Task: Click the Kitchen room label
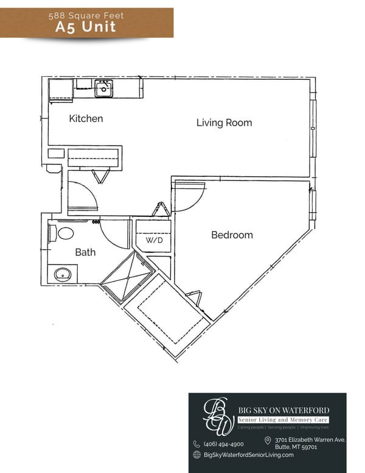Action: (x=86, y=119)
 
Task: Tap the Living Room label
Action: (x=224, y=123)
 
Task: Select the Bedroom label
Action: (x=232, y=235)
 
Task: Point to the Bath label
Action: (x=85, y=252)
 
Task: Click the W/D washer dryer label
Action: (x=153, y=240)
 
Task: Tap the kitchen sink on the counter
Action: (x=103, y=90)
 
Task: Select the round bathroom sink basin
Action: (x=62, y=274)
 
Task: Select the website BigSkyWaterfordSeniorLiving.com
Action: (x=248, y=455)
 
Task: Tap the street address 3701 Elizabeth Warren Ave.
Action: (x=310, y=439)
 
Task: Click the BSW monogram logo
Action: (x=217, y=415)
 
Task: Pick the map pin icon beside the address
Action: (x=268, y=441)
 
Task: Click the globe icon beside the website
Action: (x=196, y=455)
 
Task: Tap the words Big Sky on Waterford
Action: (x=283, y=410)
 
